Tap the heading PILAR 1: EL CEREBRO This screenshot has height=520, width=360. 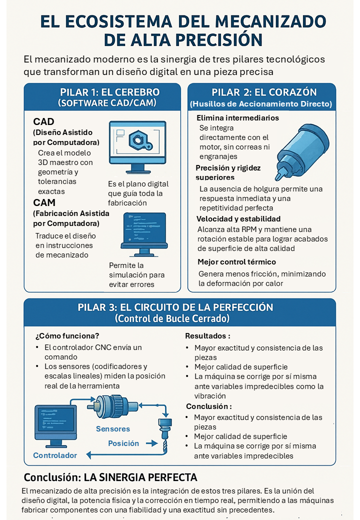pos(109,92)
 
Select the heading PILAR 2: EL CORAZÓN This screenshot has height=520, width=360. pos(264,92)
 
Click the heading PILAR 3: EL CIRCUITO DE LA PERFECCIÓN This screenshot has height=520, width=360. pos(175,307)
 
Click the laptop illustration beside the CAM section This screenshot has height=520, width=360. pos(144,234)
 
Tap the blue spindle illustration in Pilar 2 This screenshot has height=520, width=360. pos(301,151)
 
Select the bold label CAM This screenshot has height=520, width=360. pos(44,202)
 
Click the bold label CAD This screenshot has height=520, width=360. pos(43,121)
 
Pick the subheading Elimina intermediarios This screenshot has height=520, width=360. pos(237,117)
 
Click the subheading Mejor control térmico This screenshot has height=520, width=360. pos(236,261)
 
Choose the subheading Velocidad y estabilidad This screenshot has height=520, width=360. pos(238,219)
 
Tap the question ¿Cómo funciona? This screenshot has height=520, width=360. pos(67,336)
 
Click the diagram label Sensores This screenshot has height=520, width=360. pos(112,429)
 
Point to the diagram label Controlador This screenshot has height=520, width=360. pos(55,455)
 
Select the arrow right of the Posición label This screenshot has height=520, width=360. pos(151,443)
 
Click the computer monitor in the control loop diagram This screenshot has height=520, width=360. pos(55,426)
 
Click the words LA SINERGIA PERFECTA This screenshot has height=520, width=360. pos(140,477)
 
